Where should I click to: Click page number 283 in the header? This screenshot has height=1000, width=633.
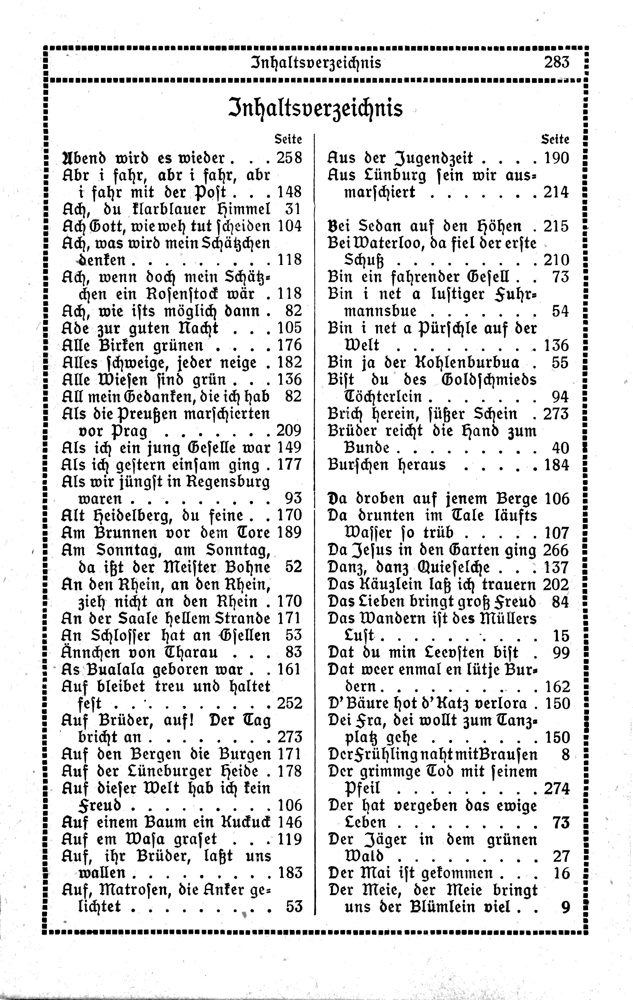tap(556, 62)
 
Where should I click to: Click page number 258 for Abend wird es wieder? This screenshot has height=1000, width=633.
tap(289, 158)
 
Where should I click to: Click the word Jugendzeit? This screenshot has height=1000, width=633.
tap(434, 158)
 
